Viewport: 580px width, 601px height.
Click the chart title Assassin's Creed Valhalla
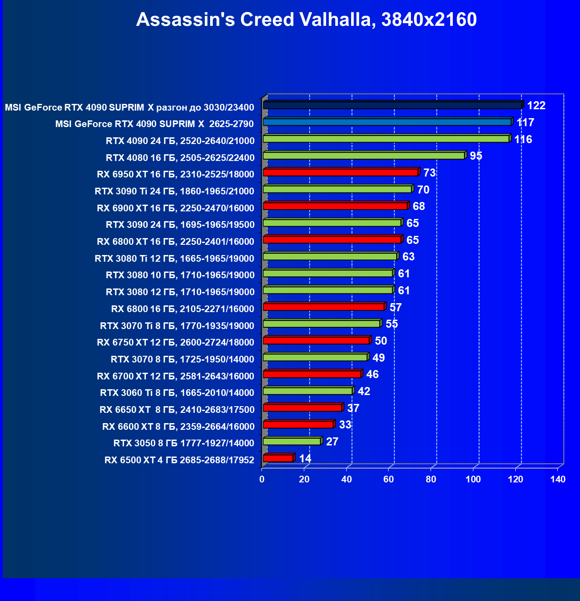pos(306,20)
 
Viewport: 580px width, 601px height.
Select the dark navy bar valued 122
pos(393,105)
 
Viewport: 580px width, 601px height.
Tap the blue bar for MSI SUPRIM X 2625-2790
pos(387,122)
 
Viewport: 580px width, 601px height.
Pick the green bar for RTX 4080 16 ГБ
pos(364,156)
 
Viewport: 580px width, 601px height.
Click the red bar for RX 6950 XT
pos(340,172)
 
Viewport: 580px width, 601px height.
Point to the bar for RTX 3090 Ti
pos(337,189)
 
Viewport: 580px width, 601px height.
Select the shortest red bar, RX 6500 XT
pos(278,458)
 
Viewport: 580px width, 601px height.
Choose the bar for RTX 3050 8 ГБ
pos(292,441)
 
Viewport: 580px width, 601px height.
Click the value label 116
pos(523,140)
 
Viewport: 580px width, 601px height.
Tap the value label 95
pos(476,156)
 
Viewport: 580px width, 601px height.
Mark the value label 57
pos(395,308)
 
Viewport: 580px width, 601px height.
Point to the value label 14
pos(305,459)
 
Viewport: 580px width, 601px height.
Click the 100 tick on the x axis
pos(473,479)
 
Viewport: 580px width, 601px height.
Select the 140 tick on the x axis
pos(558,479)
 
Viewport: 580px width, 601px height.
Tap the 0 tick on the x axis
pos(262,479)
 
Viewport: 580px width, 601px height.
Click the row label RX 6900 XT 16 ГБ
pos(175,208)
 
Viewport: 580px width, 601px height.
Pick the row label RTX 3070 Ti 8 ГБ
pos(177,326)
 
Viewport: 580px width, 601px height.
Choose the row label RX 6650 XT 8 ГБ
pos(177,410)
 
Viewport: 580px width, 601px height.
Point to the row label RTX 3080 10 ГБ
pos(180,275)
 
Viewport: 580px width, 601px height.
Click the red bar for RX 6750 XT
pos(316,341)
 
